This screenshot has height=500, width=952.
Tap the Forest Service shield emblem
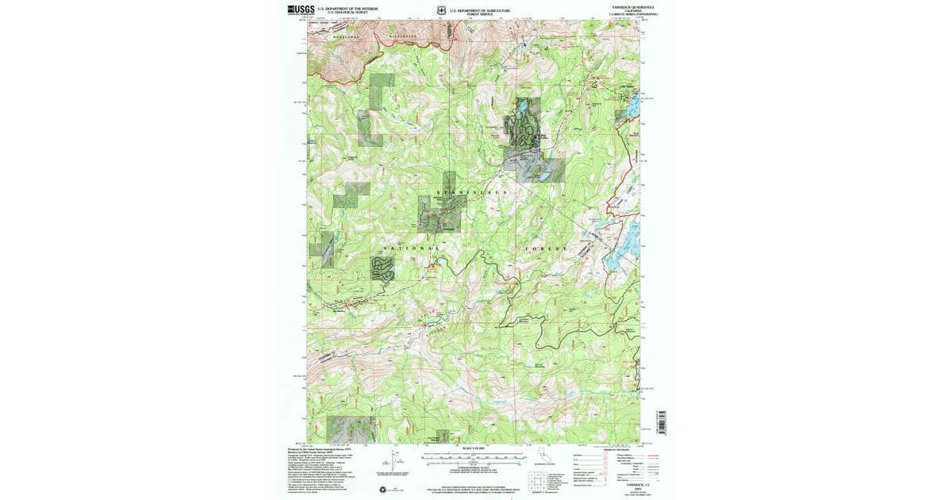(x=440, y=10)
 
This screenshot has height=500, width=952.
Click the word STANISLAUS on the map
(x=472, y=192)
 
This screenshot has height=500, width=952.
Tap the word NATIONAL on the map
(x=410, y=248)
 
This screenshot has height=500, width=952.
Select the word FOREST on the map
(x=547, y=248)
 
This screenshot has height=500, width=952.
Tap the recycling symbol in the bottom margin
(x=383, y=489)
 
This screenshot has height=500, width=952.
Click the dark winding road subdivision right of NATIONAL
(x=382, y=268)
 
